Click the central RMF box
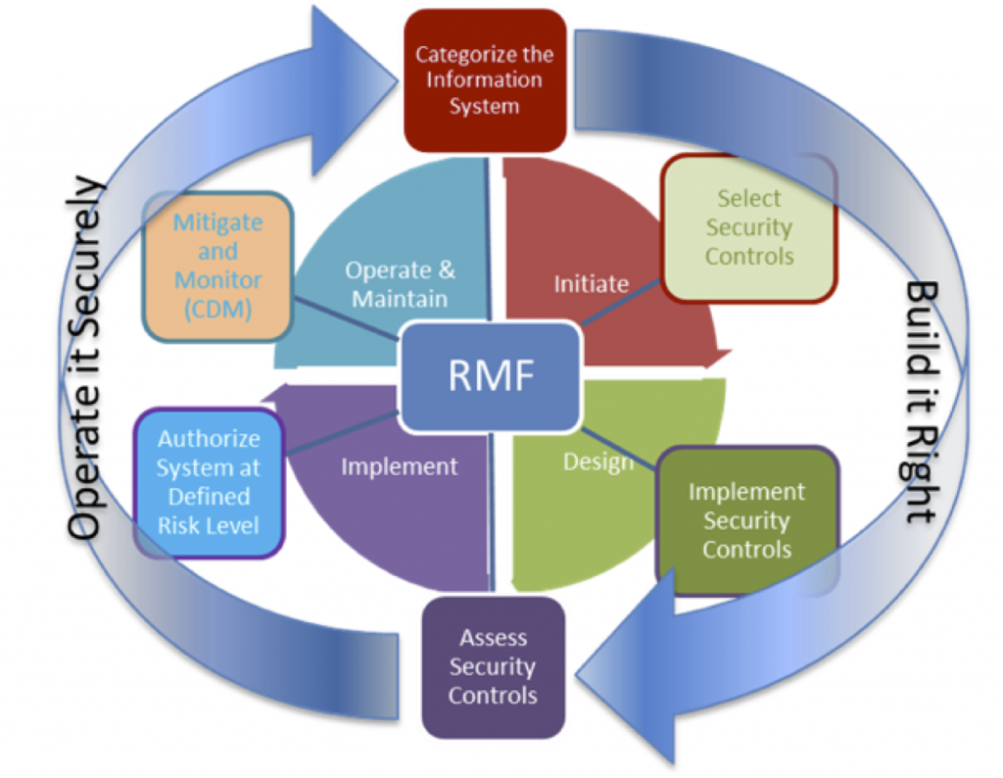pos(492,376)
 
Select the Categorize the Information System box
pos(484,80)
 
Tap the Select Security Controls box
pos(749,227)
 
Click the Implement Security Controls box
pos(746,520)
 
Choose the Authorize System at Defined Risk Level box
pos(208,482)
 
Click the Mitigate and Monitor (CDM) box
pos(217,266)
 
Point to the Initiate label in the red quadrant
pos(591,284)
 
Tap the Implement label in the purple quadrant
pos(399,466)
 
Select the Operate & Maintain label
pos(400,284)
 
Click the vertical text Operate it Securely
pos(87,358)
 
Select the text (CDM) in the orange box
pos(218,309)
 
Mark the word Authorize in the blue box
pos(209,439)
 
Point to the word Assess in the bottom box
pos(494,638)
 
